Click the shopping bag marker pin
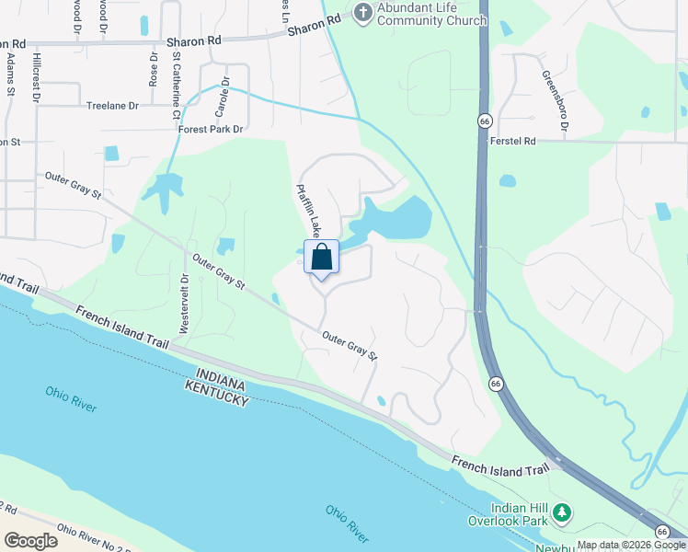(321, 257)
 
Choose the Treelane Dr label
(111, 106)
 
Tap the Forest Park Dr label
(212, 130)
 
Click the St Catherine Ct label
(175, 86)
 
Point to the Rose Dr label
(153, 67)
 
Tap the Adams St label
(10, 74)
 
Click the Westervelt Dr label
(185, 304)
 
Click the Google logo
(30, 541)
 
